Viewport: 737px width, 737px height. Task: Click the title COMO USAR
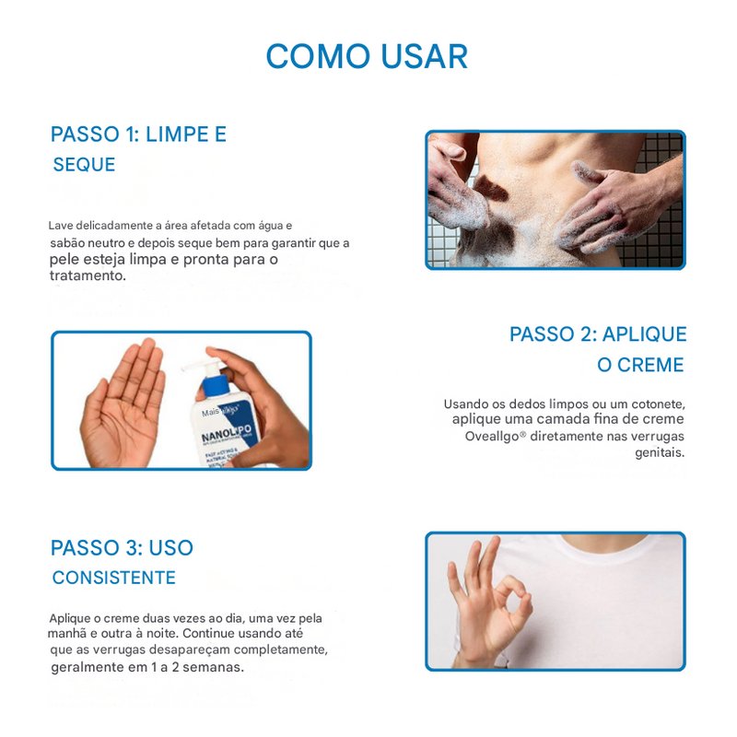[x=367, y=56]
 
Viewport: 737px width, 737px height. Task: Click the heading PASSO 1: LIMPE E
[x=138, y=135]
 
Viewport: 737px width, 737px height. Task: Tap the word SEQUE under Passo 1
[x=84, y=165]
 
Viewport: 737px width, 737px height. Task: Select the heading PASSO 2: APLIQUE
[x=598, y=334]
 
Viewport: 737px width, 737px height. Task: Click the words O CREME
[x=640, y=366]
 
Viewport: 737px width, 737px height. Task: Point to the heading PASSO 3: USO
[x=122, y=548]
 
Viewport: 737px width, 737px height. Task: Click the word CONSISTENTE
[x=113, y=579]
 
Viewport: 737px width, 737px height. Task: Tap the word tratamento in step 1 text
[x=86, y=275]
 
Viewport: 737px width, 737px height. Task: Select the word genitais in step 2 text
[x=661, y=452]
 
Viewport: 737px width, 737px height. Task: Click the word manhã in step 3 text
[x=69, y=634]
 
